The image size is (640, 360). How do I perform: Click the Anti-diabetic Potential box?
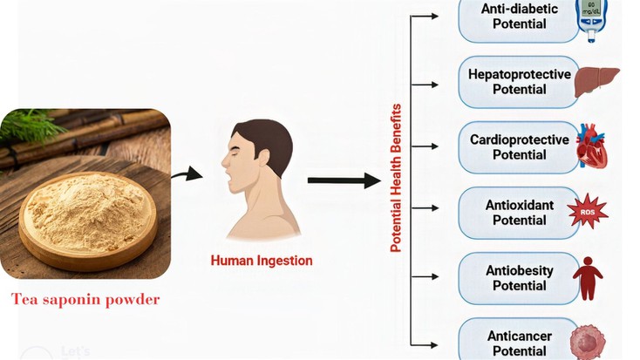(514, 17)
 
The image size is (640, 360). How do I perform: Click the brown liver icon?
(599, 81)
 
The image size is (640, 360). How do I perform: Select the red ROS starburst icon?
(587, 211)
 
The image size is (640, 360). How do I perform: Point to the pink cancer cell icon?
(587, 341)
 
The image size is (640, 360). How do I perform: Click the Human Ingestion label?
(262, 260)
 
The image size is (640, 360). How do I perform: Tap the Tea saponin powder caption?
(85, 300)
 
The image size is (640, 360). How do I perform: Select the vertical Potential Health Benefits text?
(396, 178)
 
